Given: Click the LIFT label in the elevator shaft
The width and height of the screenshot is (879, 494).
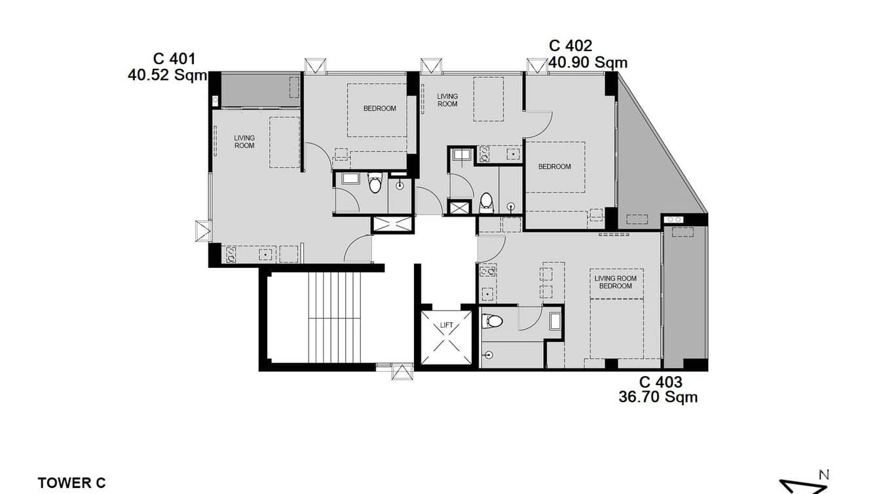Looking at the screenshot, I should (446, 325).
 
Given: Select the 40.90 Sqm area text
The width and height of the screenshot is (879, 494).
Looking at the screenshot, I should (588, 62).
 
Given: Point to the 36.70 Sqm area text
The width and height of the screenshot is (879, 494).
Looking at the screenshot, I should (658, 396).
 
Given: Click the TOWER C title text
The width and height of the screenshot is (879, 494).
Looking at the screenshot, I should (71, 483).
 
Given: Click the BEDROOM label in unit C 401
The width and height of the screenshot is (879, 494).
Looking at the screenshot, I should (380, 108).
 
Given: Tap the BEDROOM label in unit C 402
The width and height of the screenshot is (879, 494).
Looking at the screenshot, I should (554, 166).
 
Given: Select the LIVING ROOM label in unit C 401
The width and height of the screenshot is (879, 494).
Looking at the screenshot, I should (244, 142).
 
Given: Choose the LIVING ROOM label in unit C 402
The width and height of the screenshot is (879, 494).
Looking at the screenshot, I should (447, 100).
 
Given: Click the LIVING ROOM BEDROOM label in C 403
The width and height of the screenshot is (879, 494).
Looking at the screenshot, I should (616, 282).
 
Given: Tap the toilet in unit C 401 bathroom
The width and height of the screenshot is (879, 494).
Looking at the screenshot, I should (375, 184).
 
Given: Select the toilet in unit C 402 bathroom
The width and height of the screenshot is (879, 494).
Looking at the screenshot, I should (486, 202).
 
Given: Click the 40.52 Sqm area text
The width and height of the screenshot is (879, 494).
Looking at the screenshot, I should (167, 75).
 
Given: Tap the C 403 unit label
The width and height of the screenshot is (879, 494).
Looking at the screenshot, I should (660, 382).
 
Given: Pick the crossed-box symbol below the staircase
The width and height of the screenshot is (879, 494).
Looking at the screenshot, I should (402, 372).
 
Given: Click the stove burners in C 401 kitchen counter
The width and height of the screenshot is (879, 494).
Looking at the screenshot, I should (231, 254).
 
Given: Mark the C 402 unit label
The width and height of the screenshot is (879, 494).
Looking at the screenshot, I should (570, 46).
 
